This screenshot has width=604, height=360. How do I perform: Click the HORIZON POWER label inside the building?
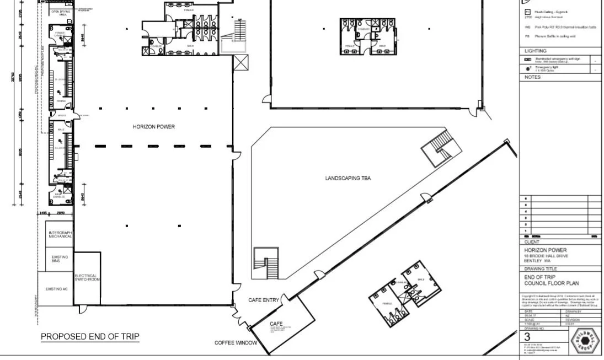[153, 127]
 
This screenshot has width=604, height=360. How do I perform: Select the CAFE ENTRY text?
[264, 299]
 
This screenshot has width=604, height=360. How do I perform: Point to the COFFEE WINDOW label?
[236, 343]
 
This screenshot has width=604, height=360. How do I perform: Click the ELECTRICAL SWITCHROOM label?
[86, 278]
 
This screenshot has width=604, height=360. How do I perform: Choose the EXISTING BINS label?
[60, 259]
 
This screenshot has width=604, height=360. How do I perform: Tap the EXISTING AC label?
[55, 289]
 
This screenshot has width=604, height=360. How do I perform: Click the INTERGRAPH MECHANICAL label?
[60, 234]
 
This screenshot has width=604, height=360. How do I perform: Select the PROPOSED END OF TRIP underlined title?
[90, 337]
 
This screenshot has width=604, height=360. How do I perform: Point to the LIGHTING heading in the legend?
[535, 51]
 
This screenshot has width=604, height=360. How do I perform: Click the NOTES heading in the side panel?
[532, 77]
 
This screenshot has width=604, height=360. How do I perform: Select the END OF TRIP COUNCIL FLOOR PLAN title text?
[547, 280]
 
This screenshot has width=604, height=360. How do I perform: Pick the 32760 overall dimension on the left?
[13, 79]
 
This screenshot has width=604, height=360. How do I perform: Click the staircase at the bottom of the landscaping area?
[266, 264]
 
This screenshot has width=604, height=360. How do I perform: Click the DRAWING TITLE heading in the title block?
[541, 268]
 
